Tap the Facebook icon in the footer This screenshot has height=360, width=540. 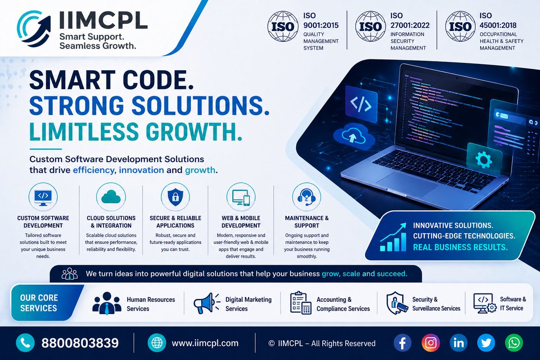point(403,343)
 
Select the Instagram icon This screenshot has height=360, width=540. point(431,343)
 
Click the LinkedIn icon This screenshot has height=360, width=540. point(459,343)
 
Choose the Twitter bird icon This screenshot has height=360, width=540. point(486,343)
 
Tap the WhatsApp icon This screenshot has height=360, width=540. point(514,343)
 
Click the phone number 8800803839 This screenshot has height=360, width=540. point(80,343)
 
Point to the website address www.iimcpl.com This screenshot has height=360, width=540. point(205,343)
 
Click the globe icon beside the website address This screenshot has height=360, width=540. point(157,343)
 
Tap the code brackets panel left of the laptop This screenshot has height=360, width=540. point(361,105)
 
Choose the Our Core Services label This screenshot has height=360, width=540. point(39,303)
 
